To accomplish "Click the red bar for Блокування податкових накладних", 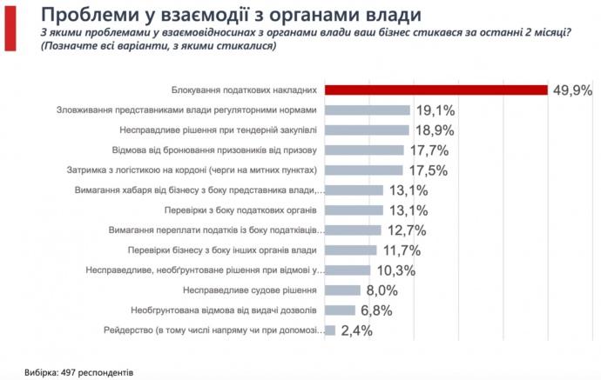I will coord(436,90).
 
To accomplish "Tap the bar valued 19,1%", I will coord(367,110).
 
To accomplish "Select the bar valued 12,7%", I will coord(353,230).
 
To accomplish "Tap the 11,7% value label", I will coord(400,250).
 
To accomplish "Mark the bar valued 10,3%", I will coord(348,270).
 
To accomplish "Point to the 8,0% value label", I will coord(382,290).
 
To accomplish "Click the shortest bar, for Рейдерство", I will coord(329,330).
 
